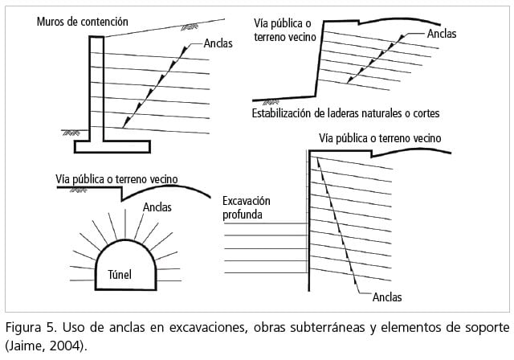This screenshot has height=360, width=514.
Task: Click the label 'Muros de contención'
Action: tap(82, 22)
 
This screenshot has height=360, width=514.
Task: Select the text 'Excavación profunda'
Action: tap(248, 207)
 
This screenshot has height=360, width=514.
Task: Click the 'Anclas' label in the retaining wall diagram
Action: tap(218, 44)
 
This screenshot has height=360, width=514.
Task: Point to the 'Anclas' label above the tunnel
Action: tap(157, 207)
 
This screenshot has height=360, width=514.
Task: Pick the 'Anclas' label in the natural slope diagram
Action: tap(442, 34)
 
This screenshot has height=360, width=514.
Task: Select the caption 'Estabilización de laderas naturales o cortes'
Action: tap(345, 112)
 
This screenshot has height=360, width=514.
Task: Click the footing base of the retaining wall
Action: tap(112, 146)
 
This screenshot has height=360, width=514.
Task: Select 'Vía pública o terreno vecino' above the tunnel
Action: tap(117, 178)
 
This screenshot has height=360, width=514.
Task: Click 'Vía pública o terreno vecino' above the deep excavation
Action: tap(380, 138)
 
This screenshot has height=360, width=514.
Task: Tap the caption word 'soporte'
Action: tap(484, 328)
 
